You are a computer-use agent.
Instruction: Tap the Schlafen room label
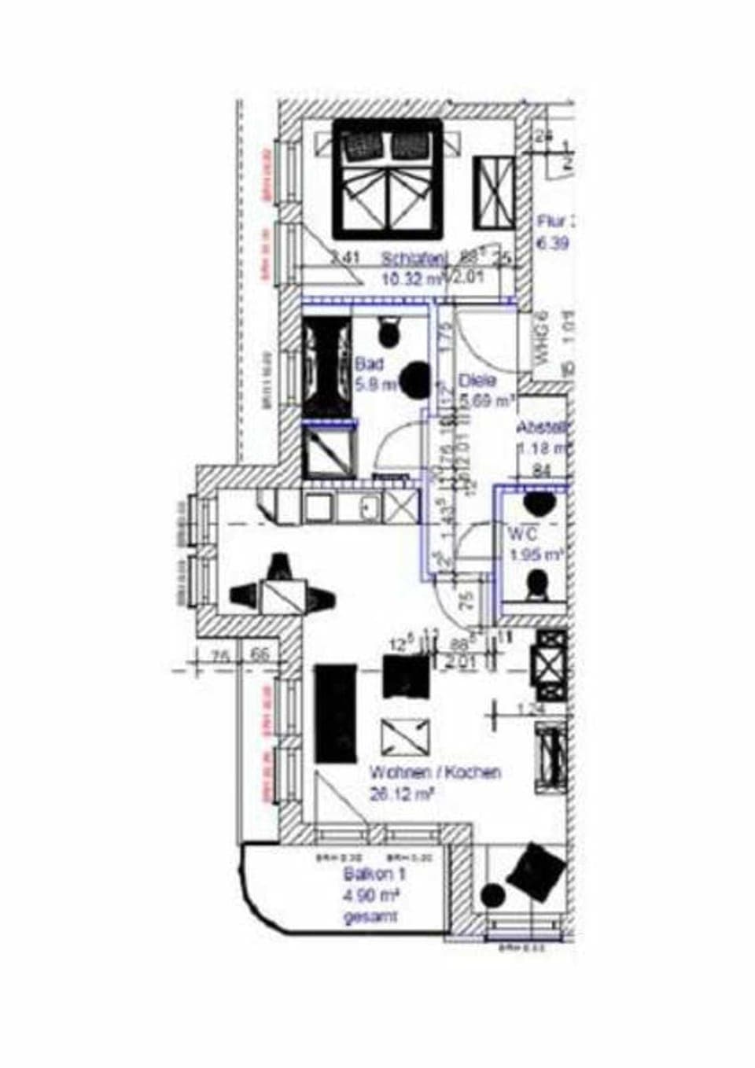[414, 258]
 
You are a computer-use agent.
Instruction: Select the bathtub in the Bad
[327, 366]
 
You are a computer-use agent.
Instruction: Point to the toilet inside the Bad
[389, 332]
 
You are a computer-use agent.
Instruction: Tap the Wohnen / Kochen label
[435, 772]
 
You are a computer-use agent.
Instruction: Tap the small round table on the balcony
[493, 895]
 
